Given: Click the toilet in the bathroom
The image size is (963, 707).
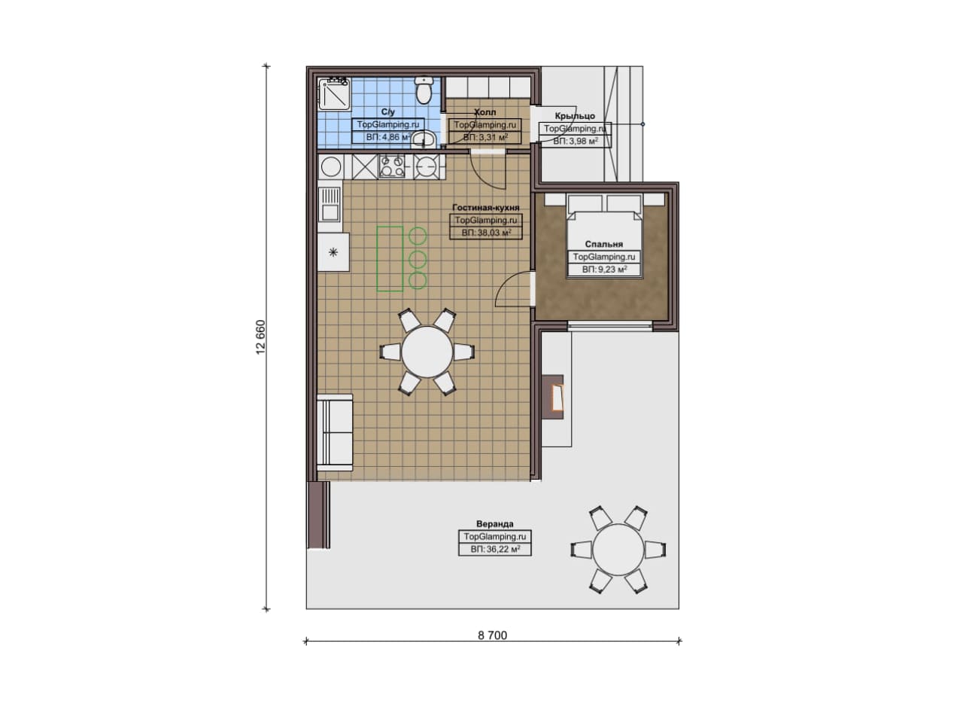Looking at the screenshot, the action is (x=424, y=90).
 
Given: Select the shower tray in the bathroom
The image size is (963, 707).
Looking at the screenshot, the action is (x=334, y=94).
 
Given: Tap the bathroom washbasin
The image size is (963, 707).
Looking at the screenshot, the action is (x=424, y=139).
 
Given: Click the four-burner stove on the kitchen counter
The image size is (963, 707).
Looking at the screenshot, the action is (x=392, y=166).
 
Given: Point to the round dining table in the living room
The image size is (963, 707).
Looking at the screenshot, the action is (x=427, y=352).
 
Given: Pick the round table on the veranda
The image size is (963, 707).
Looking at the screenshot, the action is (x=618, y=550).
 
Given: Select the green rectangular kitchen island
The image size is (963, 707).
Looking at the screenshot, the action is (x=390, y=259).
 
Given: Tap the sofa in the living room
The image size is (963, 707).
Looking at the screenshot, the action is (x=335, y=432).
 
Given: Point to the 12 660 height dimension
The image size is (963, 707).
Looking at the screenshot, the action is (x=261, y=337).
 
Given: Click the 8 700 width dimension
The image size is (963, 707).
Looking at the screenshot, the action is (x=492, y=635).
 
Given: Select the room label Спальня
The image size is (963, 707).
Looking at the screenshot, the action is (x=603, y=244).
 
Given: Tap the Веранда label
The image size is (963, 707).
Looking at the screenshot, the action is (x=495, y=524).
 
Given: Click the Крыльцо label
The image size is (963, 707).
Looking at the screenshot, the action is (x=575, y=116).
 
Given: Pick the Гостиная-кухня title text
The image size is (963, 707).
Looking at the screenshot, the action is (x=486, y=207).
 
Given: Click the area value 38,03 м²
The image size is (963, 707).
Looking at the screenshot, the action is (x=486, y=233).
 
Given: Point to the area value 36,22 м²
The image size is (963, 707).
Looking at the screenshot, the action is (x=495, y=549).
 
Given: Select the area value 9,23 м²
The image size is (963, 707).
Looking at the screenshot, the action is (x=604, y=270).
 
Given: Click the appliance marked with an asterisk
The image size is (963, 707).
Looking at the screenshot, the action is (x=333, y=252).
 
